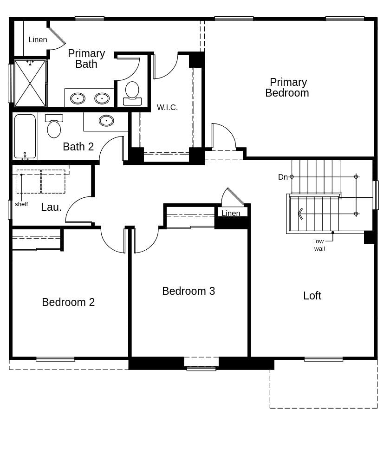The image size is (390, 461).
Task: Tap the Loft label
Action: point(312,296)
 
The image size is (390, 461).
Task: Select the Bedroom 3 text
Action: point(188,291)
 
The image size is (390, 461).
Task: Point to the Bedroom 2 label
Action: point(68,302)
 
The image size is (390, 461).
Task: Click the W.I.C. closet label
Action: point(167,107)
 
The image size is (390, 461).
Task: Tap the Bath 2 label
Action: point(78,147)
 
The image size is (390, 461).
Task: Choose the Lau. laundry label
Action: point(51,207)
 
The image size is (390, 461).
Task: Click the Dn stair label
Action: point(283,177)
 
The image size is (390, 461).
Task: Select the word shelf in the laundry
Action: point(21,204)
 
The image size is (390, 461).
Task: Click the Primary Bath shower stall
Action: point(30,83)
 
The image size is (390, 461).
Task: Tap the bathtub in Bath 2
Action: point(25,136)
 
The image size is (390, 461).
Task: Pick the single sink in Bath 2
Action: point(106,121)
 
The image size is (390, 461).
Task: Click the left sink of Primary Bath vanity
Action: point(78,98)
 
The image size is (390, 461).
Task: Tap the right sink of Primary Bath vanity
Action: point(102,98)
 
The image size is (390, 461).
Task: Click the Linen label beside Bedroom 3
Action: point(231,213)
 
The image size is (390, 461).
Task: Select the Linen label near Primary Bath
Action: point(38,39)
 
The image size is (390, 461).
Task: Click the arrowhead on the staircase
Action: point(300,214)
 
